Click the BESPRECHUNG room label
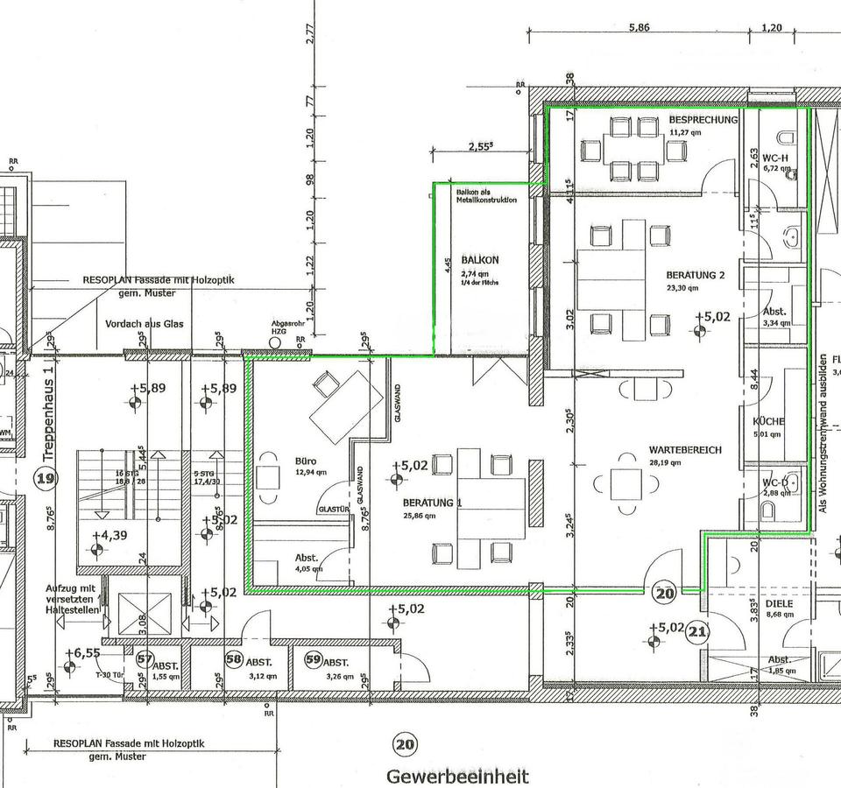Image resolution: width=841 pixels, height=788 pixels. tap(703, 119)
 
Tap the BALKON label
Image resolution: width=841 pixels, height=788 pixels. tap(480, 260)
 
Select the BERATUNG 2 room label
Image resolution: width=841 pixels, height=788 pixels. tap(696, 274)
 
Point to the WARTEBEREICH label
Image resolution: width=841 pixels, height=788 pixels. tap(686, 449)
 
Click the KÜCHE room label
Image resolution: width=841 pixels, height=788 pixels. tap(768, 421)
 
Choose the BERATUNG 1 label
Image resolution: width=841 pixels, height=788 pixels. tap(432, 503)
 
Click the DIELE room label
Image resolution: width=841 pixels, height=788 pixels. tap(778, 602)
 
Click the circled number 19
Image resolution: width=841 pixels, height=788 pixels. tap(46, 478)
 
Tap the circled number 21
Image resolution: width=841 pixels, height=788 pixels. tap(699, 630)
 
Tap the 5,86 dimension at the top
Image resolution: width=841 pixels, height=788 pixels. tap(640, 28)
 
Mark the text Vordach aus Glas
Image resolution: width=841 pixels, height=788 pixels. tap(145, 323)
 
